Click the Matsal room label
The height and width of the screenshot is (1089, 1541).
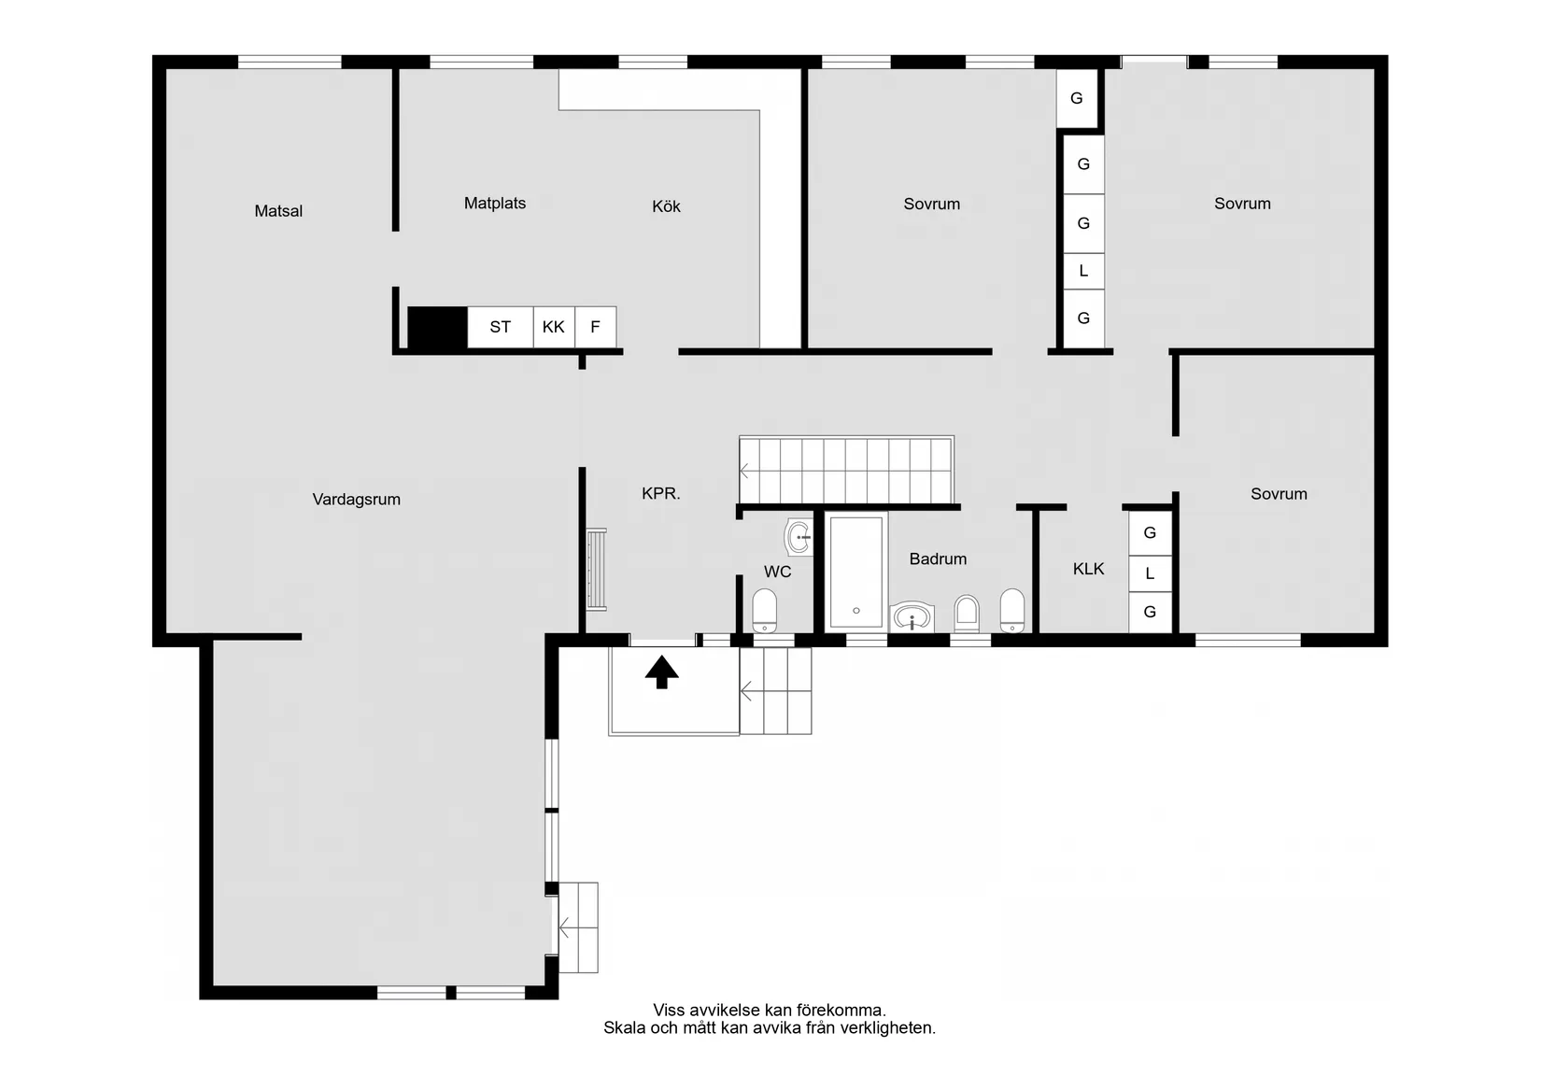(x=278, y=211)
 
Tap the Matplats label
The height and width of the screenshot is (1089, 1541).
(x=495, y=204)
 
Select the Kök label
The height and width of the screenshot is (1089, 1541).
(x=666, y=206)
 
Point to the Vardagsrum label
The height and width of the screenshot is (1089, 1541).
(x=357, y=500)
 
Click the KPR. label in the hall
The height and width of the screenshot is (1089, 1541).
(x=660, y=493)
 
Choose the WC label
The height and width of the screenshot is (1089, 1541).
(x=777, y=572)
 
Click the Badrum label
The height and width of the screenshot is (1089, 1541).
(x=938, y=559)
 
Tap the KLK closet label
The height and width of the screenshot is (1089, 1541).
(x=1088, y=569)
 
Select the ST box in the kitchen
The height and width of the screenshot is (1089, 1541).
(x=501, y=327)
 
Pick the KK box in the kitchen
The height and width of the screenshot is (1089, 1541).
(x=554, y=327)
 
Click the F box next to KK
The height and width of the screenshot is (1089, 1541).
(x=596, y=327)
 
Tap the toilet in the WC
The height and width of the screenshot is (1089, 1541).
(x=764, y=611)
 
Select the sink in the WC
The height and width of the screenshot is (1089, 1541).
(x=799, y=537)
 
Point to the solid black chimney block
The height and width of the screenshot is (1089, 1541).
(x=437, y=328)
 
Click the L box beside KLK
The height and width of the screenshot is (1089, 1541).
(x=1150, y=573)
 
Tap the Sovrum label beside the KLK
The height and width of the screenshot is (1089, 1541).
(x=1279, y=494)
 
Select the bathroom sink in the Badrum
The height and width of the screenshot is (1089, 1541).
(x=912, y=617)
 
